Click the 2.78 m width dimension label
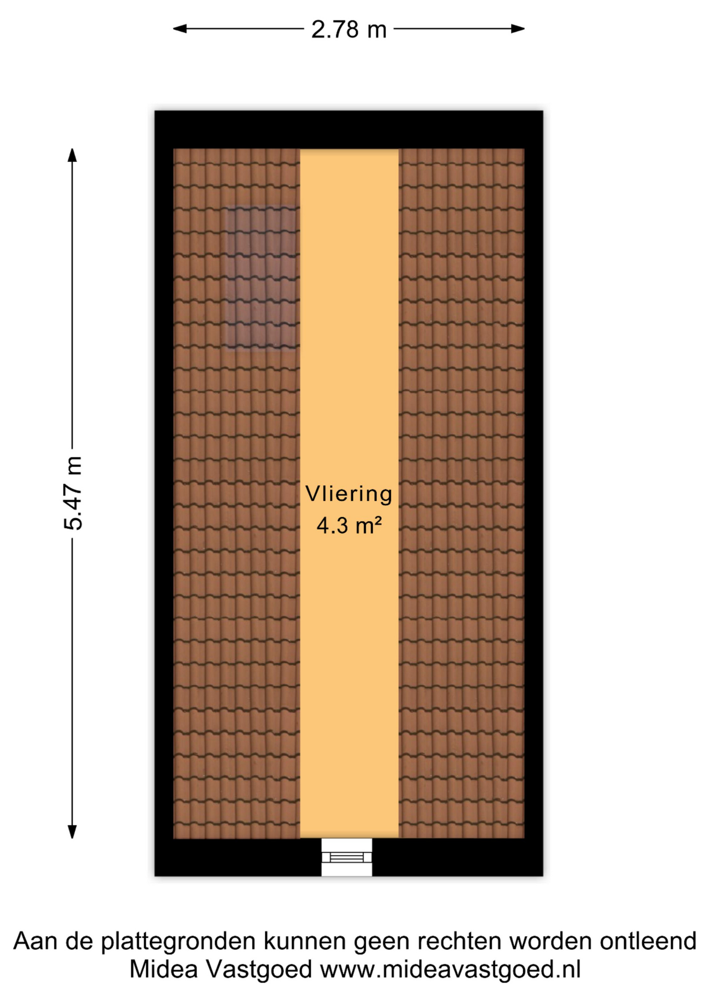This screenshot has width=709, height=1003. [349, 29]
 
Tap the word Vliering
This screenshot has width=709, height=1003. [349, 494]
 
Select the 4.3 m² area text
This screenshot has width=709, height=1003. [349, 525]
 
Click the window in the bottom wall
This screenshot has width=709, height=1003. [347, 857]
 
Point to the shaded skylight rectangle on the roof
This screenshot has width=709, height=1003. [263, 277]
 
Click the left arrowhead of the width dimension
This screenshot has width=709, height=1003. [180, 29]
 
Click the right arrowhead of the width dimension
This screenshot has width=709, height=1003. [517, 29]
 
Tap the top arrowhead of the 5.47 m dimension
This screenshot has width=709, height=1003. [73, 155]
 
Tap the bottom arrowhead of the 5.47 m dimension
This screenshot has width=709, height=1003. [73, 832]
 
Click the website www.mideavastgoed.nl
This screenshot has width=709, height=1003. [451, 970]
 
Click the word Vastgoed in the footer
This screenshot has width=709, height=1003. [259, 971]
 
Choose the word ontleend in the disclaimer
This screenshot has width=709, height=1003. [648, 941]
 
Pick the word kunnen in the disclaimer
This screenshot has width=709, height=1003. [305, 941]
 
